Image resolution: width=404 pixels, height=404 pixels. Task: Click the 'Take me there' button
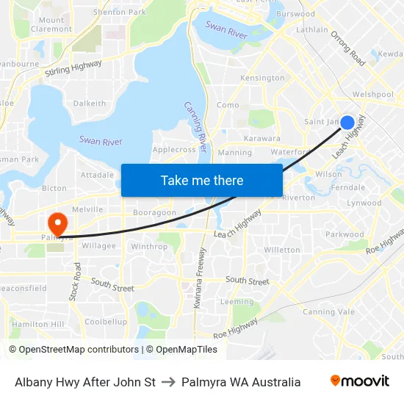[x=202, y=180]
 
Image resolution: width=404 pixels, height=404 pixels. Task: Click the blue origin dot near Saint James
[x=347, y=123]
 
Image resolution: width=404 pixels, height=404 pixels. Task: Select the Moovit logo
[x=359, y=381]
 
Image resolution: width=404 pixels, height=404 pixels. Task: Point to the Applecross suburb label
[x=174, y=149]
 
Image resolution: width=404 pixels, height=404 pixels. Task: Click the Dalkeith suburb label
[x=90, y=104]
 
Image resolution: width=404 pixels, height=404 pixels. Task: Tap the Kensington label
[x=262, y=78]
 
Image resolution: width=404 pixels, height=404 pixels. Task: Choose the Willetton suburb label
[x=282, y=250]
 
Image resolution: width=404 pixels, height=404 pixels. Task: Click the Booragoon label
[x=154, y=212]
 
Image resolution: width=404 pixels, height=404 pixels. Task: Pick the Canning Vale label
[x=328, y=312]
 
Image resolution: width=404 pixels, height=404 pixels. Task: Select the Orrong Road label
[x=348, y=48]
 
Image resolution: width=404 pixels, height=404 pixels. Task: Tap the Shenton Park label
[x=120, y=12]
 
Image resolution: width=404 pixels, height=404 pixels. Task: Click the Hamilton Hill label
[x=38, y=324]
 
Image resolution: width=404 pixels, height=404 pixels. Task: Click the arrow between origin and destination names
[x=168, y=382]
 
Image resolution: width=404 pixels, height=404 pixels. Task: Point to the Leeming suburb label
[x=237, y=302]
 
